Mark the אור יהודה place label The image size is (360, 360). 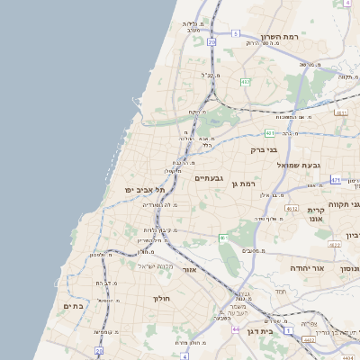(x=307, y=268)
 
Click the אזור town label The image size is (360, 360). (x=190, y=269)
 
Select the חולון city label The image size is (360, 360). (x=162, y=298)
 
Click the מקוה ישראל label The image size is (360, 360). (x=152, y=265)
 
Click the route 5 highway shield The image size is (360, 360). (x=235, y=33)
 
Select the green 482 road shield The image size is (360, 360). (x=246, y=82)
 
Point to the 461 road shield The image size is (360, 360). (x=221, y=238)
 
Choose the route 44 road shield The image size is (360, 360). (x=236, y=329)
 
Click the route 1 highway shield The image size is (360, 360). (x=288, y=330)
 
